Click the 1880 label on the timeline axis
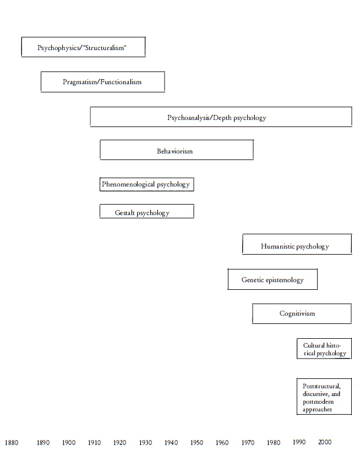[12, 442]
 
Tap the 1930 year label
[145, 442]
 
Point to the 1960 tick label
[222, 442]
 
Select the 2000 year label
[325, 442]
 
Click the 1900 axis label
[69, 442]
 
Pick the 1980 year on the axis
[274, 442]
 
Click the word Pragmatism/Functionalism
[102, 82]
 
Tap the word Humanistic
[277, 246]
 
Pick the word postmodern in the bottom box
[318, 402]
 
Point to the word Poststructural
[321, 386]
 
